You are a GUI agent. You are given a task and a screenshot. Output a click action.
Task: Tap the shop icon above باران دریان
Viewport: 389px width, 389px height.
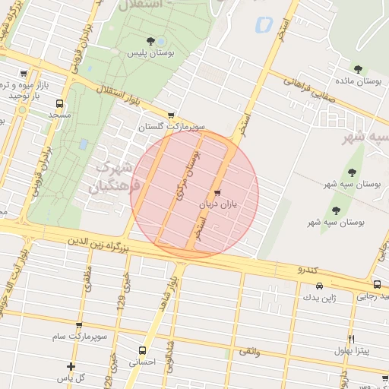point(219,193)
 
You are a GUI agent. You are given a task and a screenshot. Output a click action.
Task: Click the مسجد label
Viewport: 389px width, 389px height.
point(59,115)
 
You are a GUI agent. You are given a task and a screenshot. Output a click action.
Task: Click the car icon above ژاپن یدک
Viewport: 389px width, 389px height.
point(319,286)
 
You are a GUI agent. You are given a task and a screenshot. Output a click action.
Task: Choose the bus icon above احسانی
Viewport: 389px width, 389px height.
point(142,350)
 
